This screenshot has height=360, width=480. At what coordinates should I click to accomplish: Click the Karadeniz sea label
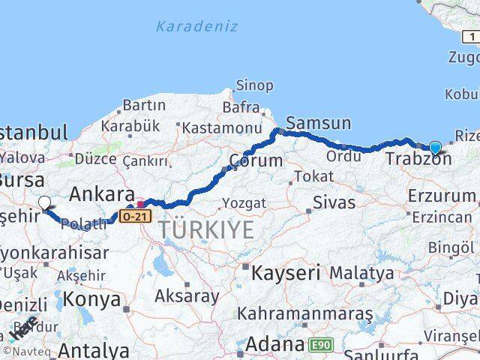coord(196,27)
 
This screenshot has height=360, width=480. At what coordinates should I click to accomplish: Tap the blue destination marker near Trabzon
coord(435,147)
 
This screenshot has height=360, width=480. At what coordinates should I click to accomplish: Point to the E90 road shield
coord(319,345)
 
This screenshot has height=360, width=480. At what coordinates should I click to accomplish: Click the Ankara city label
coord(101,195)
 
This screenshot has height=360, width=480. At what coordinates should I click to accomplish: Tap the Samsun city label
coord(318,123)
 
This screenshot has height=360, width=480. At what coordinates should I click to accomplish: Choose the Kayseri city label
coord(286,271)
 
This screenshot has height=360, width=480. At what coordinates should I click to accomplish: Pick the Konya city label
coord(91,299)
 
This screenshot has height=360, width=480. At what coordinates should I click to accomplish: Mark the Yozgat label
coord(244,203)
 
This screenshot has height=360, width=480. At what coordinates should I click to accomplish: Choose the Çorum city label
coord(256,160)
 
